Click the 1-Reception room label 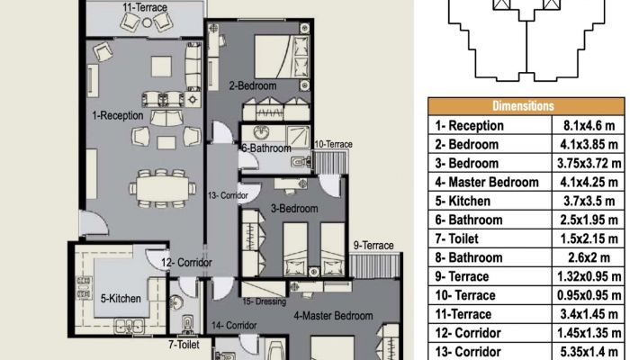point(118,116)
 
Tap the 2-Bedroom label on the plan point(253,85)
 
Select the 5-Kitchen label point(121,299)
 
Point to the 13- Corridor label point(228,196)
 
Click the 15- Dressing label point(265,301)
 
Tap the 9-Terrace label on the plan point(373,245)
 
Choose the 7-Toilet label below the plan point(184,345)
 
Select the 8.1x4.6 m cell point(589,126)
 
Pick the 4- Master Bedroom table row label point(487,183)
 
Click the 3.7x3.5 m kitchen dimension point(589,202)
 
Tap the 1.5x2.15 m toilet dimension point(589,239)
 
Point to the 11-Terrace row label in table point(463,314)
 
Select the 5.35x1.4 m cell point(589,352)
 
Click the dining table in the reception point(163,188)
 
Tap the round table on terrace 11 point(147,22)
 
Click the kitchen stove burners point(84,288)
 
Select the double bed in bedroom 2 point(281,57)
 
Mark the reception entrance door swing point(93,223)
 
